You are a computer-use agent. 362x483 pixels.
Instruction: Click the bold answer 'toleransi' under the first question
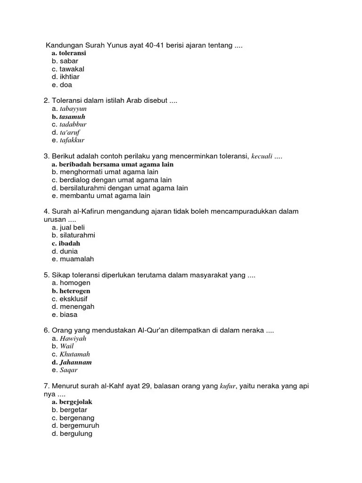pos(72,53)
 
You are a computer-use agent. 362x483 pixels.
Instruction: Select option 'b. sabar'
pos(65,61)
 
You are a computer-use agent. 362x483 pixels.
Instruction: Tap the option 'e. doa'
pos(62,85)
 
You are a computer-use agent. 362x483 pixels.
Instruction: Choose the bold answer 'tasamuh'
pos(72,117)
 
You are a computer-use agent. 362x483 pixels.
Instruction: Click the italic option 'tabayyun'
pos(73,108)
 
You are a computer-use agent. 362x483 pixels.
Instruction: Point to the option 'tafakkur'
pos(72,140)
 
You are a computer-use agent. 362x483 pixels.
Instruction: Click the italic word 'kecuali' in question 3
pos(262,156)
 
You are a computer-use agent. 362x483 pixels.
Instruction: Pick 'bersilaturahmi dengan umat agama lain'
pos(120,188)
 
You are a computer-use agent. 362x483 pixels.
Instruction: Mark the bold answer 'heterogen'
pos(74,291)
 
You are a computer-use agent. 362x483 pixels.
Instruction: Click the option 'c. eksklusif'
pos(70,299)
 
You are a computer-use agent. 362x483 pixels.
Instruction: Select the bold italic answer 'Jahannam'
pos(75,362)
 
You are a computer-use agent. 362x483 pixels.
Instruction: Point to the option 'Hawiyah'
pos(73,339)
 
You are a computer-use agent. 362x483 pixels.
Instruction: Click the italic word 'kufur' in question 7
pos(227,386)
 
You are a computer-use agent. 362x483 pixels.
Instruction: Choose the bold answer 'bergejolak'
pos(75,402)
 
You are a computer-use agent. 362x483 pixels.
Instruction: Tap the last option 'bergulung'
pos(76,433)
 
